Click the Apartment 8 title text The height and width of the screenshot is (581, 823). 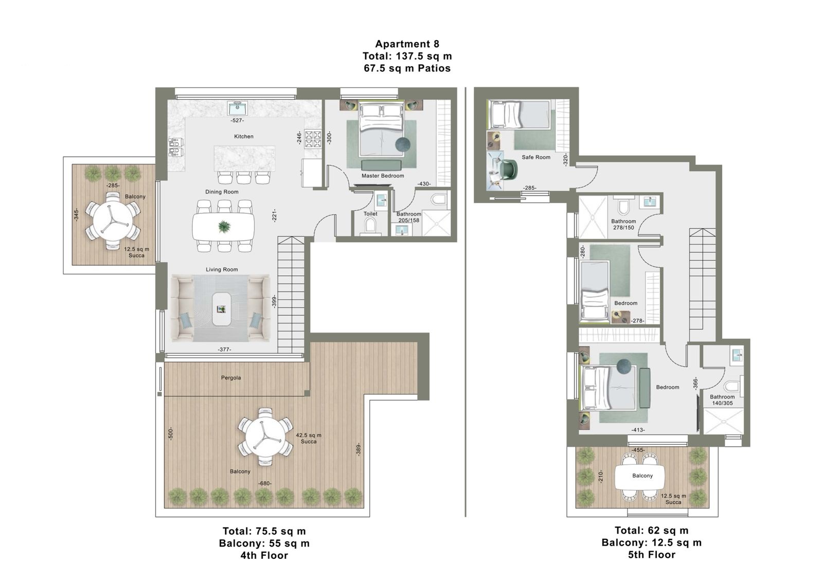coord(407,44)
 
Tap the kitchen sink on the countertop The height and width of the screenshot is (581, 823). coord(237,108)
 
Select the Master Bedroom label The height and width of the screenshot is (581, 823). coord(383,176)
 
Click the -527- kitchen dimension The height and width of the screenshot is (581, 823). coord(237,120)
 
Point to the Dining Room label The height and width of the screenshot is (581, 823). coord(222,192)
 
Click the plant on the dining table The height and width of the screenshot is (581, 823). coord(223,226)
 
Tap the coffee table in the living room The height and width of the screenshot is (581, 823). coord(222,309)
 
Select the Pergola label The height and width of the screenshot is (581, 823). coord(231,377)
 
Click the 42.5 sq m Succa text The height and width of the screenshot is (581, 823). coord(309,439)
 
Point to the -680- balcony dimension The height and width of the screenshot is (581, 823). coord(264,484)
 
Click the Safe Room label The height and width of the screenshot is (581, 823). coord(536,157)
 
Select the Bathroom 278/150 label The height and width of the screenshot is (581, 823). coord(623,224)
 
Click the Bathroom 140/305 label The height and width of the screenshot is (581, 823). coord(722,400)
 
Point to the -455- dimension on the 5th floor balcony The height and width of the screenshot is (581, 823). coord(638,450)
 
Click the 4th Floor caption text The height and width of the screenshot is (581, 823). coord(264,555)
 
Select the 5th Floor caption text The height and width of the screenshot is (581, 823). coord(651,555)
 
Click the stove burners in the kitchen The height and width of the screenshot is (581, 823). coord(313,139)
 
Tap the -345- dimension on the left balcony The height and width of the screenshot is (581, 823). coord(76,215)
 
